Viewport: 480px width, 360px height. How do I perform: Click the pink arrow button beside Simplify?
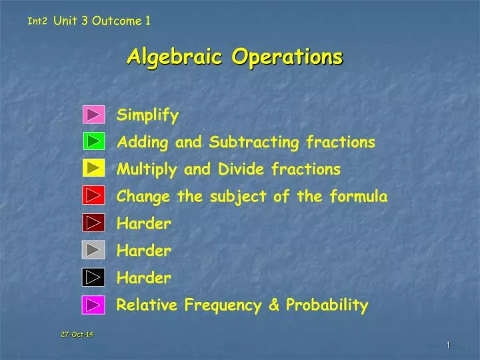coord(94,115)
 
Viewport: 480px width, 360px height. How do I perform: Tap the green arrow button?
coord(94,142)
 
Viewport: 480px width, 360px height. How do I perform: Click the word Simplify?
coord(148,116)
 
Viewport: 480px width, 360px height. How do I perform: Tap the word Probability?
coord(327,305)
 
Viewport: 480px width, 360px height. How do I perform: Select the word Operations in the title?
coord(287,57)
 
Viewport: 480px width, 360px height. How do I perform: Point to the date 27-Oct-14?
coord(77,334)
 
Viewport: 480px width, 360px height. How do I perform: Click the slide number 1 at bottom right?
coord(449,344)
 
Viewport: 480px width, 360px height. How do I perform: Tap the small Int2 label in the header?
coord(38,21)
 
